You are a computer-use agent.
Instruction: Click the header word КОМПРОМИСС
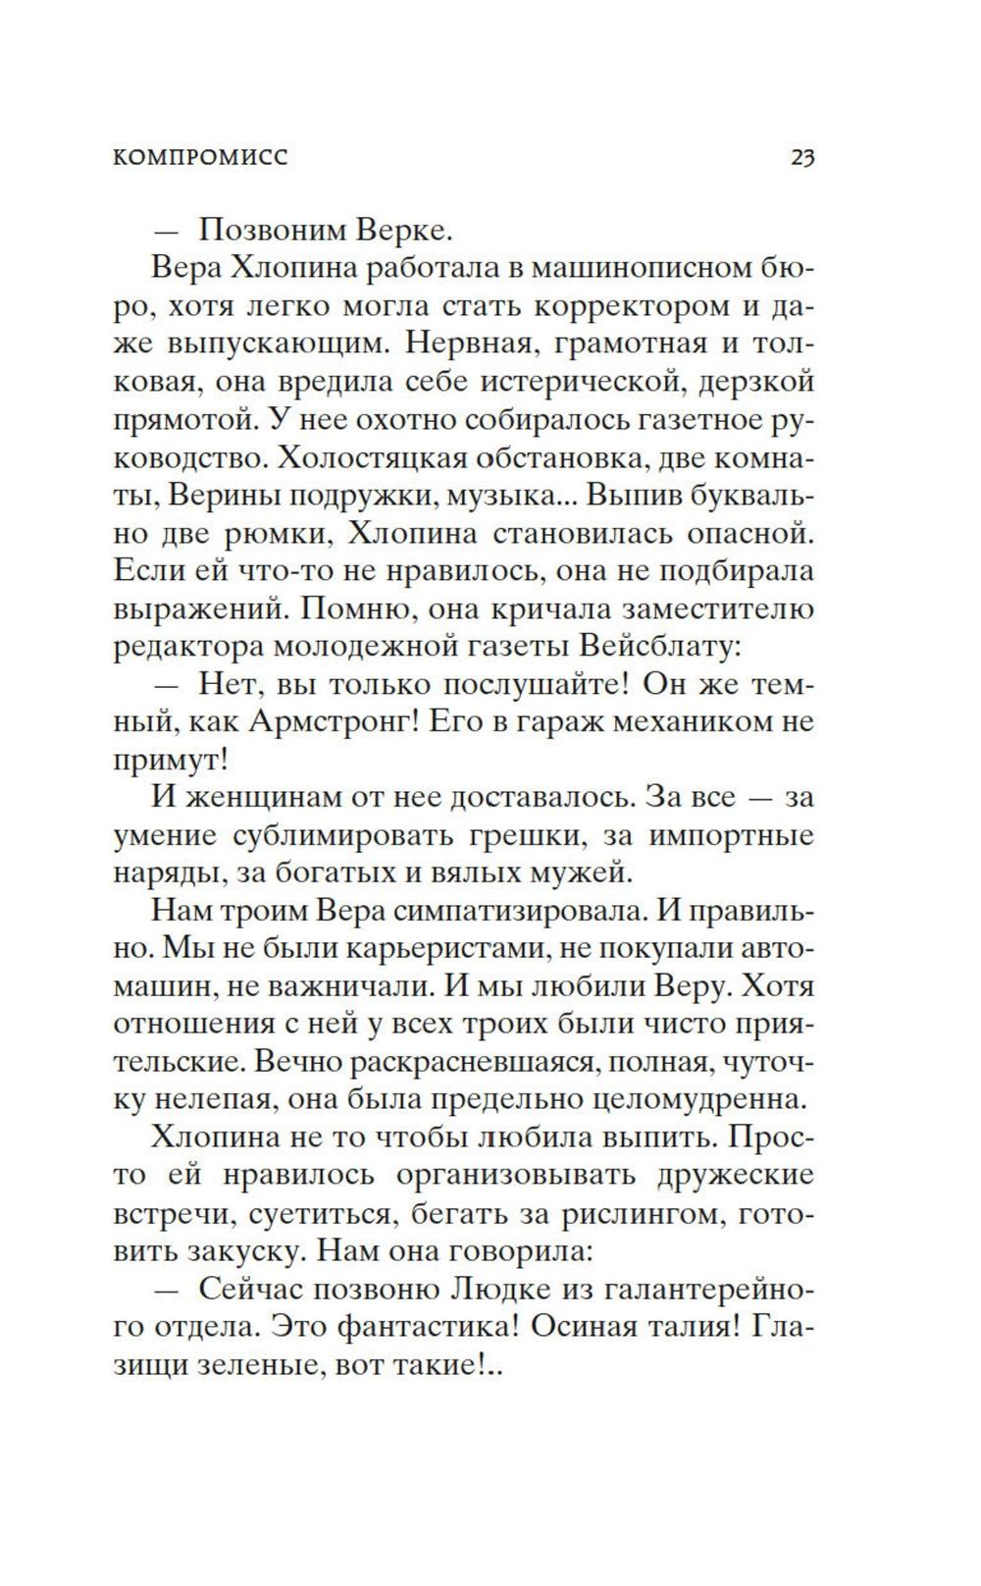201,157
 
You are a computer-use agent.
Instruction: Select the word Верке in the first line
401,231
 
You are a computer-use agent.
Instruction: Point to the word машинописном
644,269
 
